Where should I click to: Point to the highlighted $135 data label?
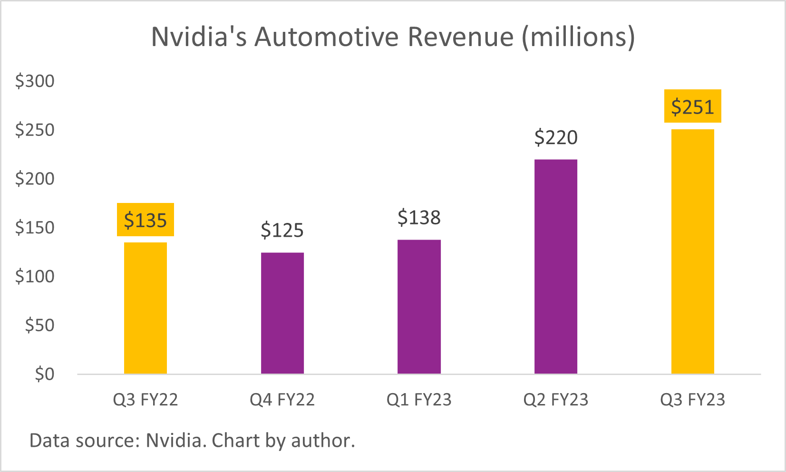coord(145,220)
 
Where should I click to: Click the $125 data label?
coord(282,231)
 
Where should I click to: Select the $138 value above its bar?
coord(419,218)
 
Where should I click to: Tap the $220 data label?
coord(555,138)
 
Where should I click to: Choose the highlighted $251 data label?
coord(692,107)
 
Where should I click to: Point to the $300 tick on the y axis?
coord(35,81)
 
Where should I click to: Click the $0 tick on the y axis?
coord(45,375)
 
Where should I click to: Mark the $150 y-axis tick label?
coord(35,228)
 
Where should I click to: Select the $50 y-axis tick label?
coord(39,326)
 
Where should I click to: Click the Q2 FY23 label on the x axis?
coord(555,400)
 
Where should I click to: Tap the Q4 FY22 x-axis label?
coord(282,400)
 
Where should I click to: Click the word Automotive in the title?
coord(326,37)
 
